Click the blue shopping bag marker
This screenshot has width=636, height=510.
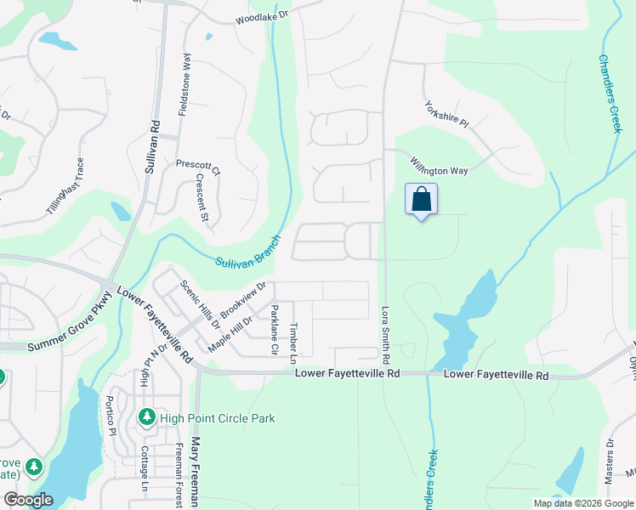click(x=421, y=201)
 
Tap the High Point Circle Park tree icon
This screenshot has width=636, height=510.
click(x=146, y=418)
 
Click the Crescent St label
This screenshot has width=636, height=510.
click(x=202, y=199)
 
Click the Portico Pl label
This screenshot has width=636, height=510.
click(x=110, y=415)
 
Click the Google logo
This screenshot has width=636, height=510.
click(x=28, y=500)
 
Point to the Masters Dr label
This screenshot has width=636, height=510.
click(x=610, y=462)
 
